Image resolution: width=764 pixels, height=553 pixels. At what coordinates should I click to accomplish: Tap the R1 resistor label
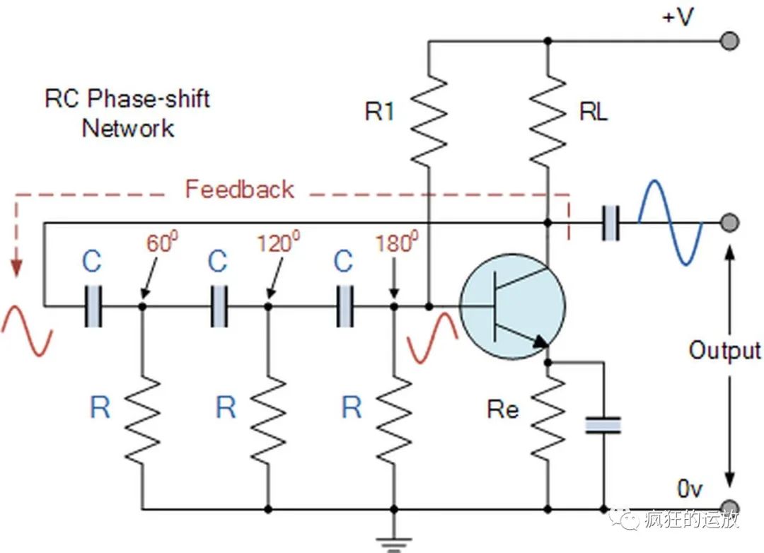tap(380, 112)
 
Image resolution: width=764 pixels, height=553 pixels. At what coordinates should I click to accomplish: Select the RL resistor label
tap(593, 112)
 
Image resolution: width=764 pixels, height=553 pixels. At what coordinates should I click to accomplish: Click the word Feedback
tap(240, 190)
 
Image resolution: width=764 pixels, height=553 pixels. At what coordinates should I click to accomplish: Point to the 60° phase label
tap(161, 244)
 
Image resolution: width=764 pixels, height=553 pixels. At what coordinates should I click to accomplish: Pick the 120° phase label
tap(274, 244)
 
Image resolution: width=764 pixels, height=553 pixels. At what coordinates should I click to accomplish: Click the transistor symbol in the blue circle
tap(512, 306)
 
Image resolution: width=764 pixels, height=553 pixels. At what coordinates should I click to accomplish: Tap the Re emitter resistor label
tap(503, 409)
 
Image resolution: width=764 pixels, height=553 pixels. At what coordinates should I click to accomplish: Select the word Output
tap(725, 351)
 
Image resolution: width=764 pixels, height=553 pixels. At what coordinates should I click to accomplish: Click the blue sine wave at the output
tap(671, 222)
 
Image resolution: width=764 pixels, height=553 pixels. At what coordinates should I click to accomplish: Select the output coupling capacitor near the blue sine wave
tap(610, 223)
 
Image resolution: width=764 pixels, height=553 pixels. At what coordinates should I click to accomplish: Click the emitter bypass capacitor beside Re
tap(603, 424)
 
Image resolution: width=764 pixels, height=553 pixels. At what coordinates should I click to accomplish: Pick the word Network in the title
tap(128, 129)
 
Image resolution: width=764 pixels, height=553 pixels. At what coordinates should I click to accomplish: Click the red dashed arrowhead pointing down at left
tap(16, 269)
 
